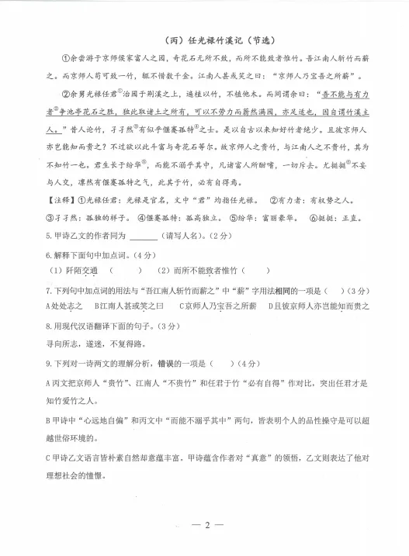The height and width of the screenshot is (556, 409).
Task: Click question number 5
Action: click(48, 236)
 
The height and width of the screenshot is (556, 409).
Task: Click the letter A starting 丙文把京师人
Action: click(48, 383)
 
